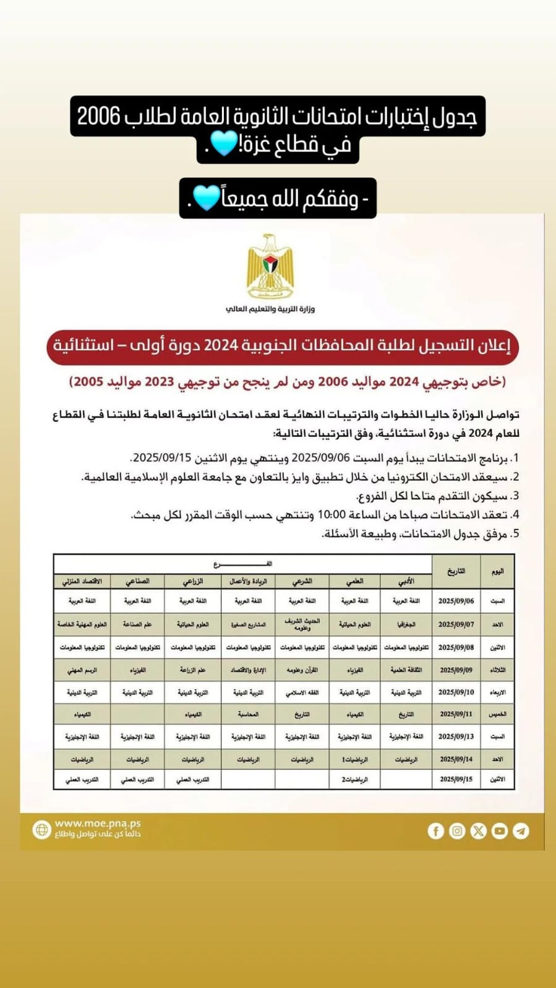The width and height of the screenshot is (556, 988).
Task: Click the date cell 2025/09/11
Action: [x=456, y=714]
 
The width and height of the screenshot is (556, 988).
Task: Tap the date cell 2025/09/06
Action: [x=456, y=601]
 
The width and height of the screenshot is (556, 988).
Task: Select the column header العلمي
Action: [x=354, y=581]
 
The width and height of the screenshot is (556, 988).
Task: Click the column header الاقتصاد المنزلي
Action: [x=82, y=581]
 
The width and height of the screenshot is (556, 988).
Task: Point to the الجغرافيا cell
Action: [x=406, y=625]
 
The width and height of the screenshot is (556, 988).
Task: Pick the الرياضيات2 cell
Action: [x=354, y=780]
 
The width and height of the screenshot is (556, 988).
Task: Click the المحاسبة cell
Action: [x=248, y=714]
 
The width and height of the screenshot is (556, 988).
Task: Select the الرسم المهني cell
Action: [x=82, y=670]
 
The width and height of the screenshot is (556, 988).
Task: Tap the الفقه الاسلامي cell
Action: [x=302, y=693]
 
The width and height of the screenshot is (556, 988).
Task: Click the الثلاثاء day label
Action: [x=497, y=670]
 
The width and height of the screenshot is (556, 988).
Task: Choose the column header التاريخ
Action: [x=456, y=572]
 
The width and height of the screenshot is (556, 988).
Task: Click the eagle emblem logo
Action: [x=270, y=266]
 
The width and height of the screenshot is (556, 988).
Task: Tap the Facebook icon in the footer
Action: [x=435, y=831]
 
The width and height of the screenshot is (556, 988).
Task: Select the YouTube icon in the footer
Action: [x=499, y=831]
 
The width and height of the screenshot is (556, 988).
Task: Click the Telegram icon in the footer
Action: [x=521, y=831]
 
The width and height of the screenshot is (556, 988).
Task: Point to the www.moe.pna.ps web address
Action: [x=98, y=824]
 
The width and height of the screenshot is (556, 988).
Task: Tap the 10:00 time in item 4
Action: [x=331, y=515]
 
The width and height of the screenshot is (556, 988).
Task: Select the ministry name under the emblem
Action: [x=270, y=309]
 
